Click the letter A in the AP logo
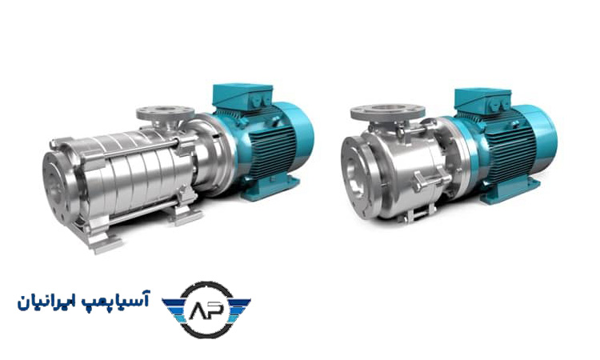point(198,310)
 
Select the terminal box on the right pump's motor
point(482,100)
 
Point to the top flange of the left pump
point(166,112)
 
